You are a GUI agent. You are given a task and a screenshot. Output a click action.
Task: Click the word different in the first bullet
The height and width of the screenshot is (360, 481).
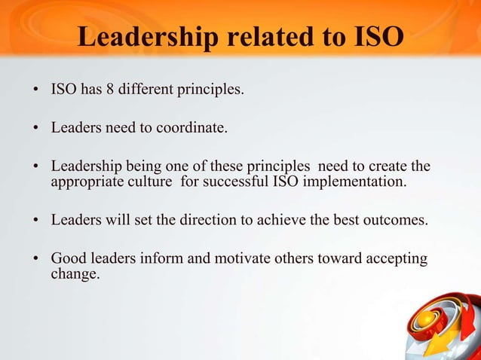click(x=146, y=91)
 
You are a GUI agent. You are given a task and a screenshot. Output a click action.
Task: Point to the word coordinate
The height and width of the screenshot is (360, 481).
click(x=191, y=128)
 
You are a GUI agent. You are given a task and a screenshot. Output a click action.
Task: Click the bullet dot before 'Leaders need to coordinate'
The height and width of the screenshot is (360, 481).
click(x=36, y=129)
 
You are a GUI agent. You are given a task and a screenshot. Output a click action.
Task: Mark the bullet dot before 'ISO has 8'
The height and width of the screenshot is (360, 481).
click(x=36, y=92)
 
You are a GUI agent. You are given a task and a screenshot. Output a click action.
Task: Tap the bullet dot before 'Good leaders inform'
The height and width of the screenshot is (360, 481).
click(x=36, y=260)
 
